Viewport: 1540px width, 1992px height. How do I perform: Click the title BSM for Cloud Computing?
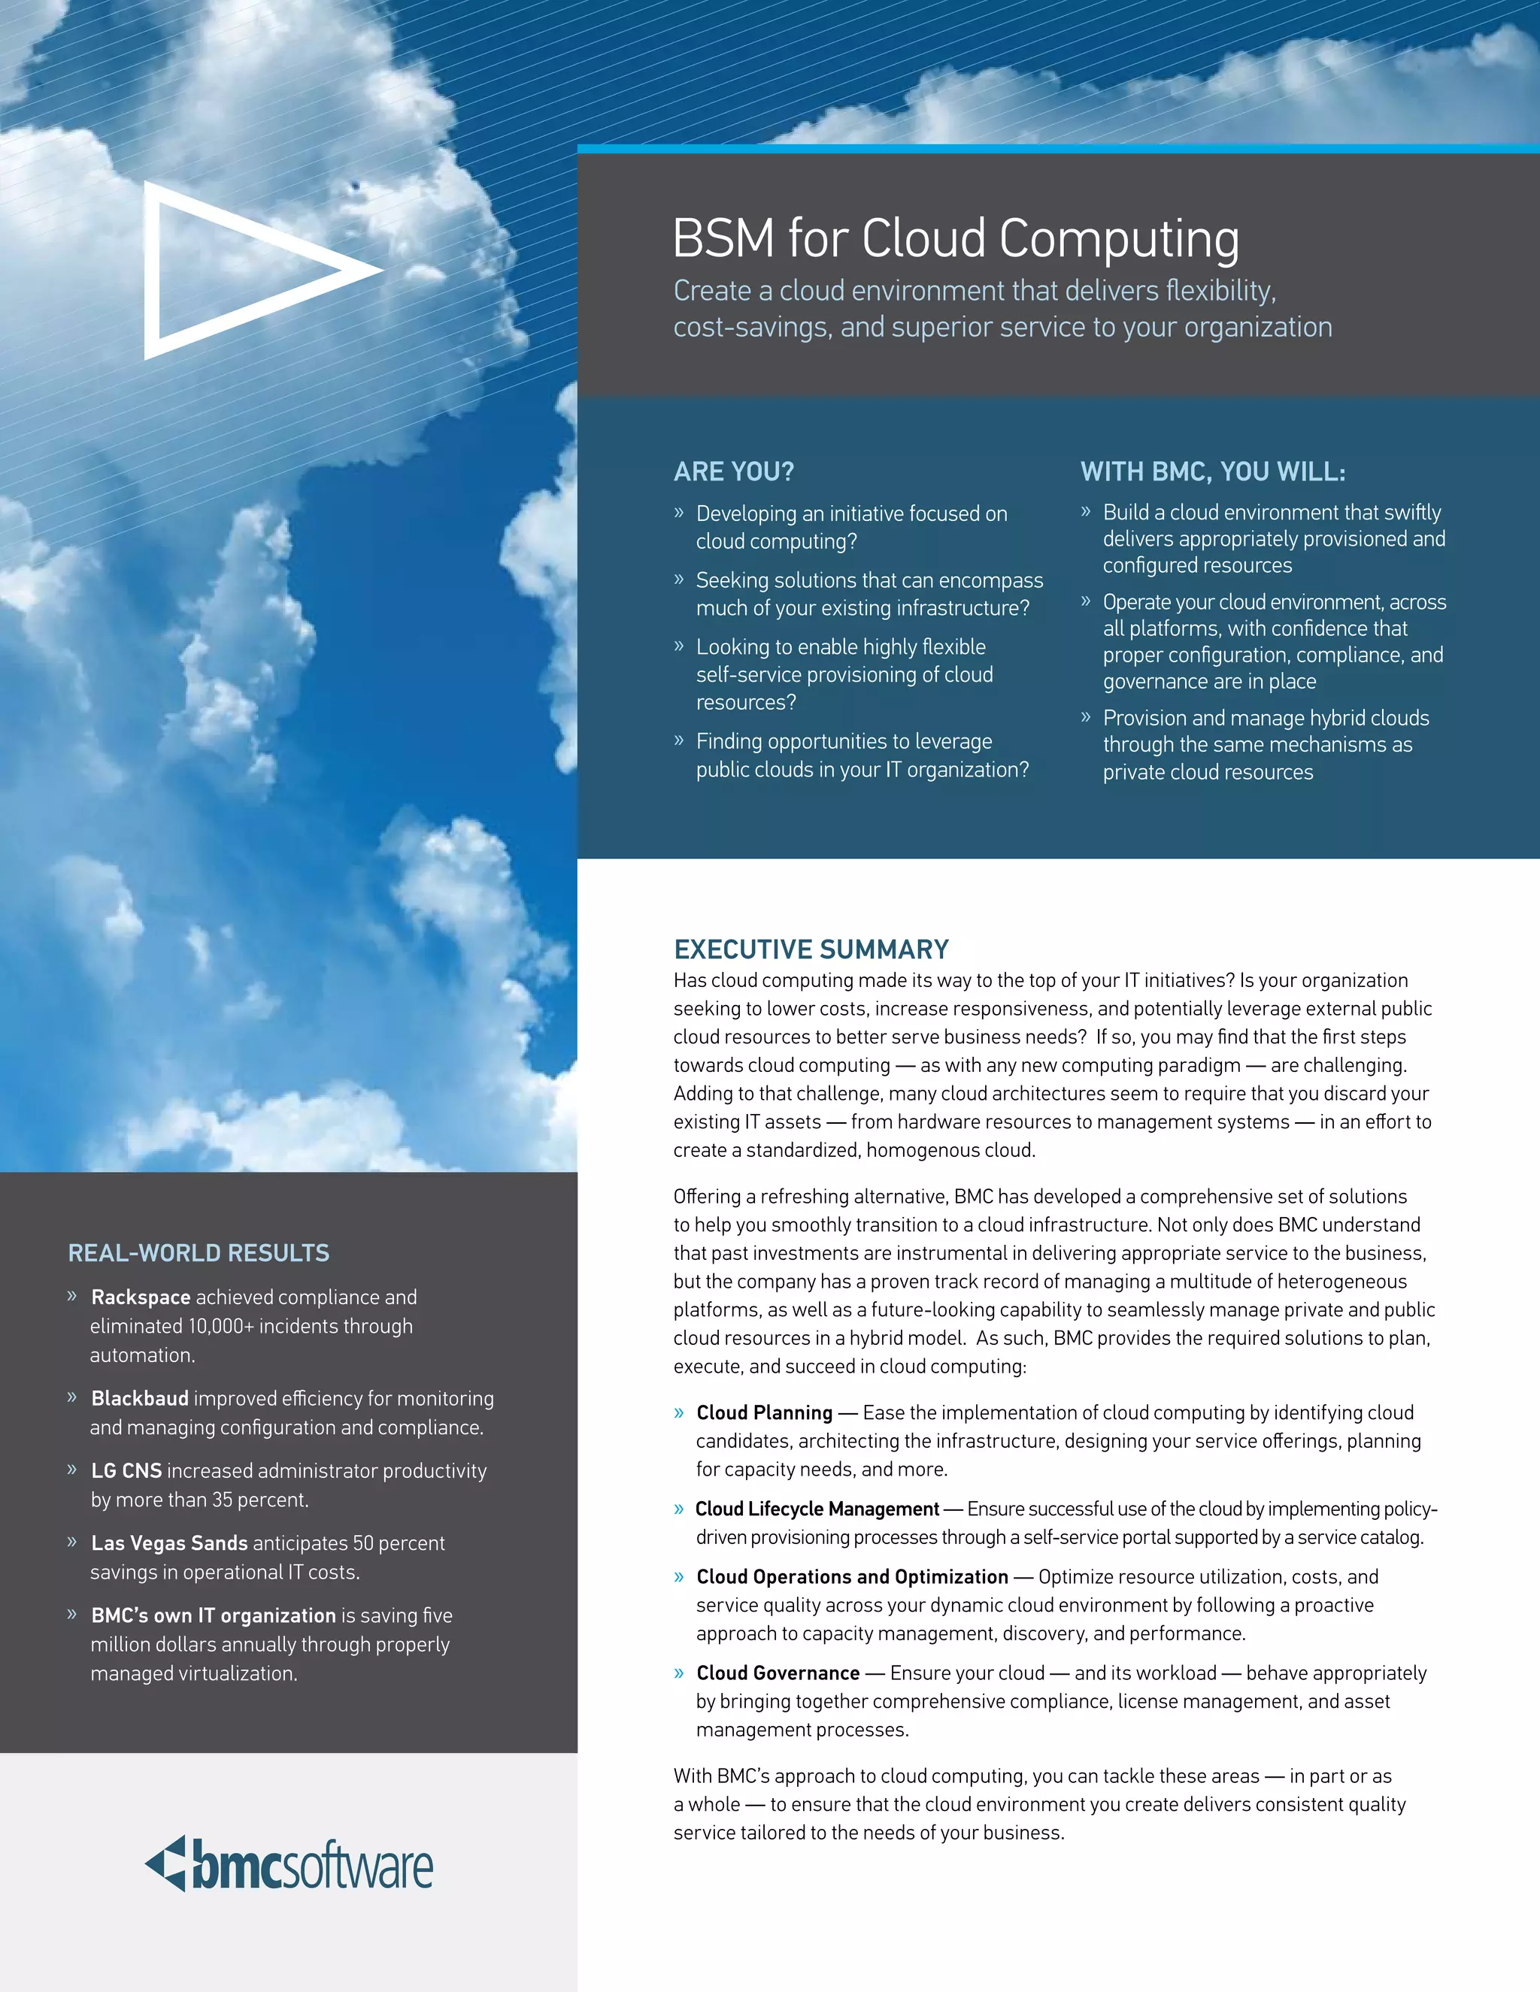pyautogui.click(x=955, y=239)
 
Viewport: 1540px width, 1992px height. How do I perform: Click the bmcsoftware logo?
pyautogui.click(x=290, y=1864)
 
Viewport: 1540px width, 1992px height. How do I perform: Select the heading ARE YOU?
pyautogui.click(x=733, y=471)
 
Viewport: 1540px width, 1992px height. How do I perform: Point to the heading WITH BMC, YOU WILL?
pyautogui.click(x=1212, y=471)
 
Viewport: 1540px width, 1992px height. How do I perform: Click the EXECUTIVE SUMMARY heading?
pyautogui.click(x=811, y=949)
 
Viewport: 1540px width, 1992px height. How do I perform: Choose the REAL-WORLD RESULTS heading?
pyautogui.click(x=199, y=1253)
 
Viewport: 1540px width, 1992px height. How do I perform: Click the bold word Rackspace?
pyautogui.click(x=141, y=1297)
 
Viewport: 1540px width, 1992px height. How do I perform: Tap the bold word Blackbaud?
pyautogui.click(x=140, y=1398)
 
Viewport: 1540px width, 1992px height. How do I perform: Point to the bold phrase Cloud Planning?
pyautogui.click(x=765, y=1413)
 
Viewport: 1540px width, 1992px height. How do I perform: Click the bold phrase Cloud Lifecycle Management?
pyautogui.click(x=817, y=1509)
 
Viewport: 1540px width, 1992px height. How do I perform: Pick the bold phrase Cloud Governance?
pyautogui.click(x=778, y=1673)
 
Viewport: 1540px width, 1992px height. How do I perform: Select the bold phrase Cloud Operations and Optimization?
pyautogui.click(x=852, y=1577)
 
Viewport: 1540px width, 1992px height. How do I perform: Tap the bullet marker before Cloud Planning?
pyautogui.click(x=679, y=1414)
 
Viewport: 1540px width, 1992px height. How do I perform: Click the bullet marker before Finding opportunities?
pyautogui.click(x=679, y=740)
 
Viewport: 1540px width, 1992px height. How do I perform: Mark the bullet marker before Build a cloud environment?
pyautogui.click(x=1086, y=512)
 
